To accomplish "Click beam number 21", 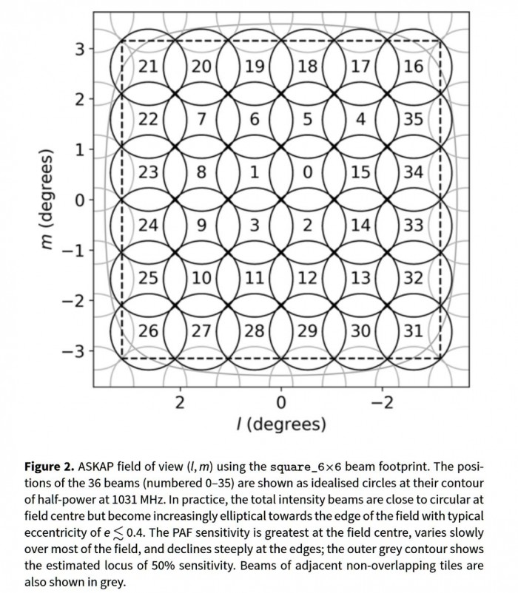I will coord(148,67).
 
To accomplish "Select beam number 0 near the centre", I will coord(308,172).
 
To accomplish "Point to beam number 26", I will coord(148,331).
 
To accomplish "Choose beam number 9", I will coord(201,225).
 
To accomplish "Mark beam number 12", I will coord(308,278).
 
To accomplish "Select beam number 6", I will coord(255,120).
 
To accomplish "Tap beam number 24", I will coord(148,225).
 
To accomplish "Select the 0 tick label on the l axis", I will coord(280,402).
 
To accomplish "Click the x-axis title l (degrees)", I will coord(280,424).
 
